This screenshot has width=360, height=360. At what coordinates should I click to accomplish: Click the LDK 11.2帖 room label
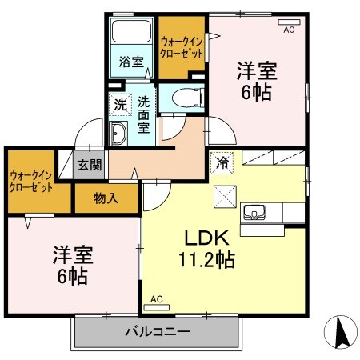click(x=210, y=249)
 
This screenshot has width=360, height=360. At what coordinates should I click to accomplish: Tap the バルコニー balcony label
click(x=157, y=331)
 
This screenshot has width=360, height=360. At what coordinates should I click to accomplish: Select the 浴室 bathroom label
click(x=130, y=62)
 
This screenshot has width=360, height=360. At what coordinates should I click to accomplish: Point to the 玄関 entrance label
click(x=89, y=166)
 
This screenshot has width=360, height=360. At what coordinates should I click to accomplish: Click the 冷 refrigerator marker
click(x=222, y=162)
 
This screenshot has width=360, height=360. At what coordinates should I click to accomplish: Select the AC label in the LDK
click(x=156, y=300)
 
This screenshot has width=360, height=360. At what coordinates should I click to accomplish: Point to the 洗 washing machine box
click(x=118, y=104)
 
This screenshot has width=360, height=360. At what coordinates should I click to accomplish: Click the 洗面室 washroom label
click(x=143, y=115)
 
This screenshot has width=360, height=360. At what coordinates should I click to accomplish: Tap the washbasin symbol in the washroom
click(x=118, y=134)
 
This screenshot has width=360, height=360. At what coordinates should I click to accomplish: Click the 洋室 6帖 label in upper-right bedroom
click(x=256, y=81)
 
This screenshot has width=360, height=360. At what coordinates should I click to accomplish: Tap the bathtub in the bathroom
click(x=131, y=33)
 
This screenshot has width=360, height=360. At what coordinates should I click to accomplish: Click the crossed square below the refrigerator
click(x=223, y=194)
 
